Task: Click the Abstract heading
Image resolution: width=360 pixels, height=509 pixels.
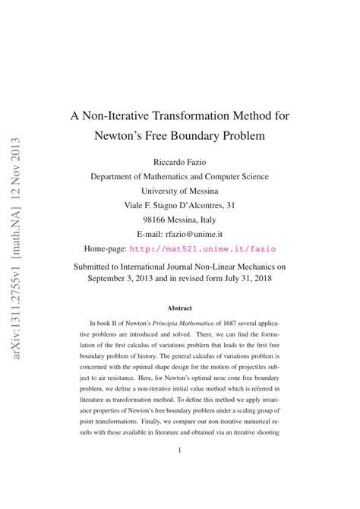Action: [179, 308]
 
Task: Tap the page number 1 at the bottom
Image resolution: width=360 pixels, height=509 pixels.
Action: [179, 450]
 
